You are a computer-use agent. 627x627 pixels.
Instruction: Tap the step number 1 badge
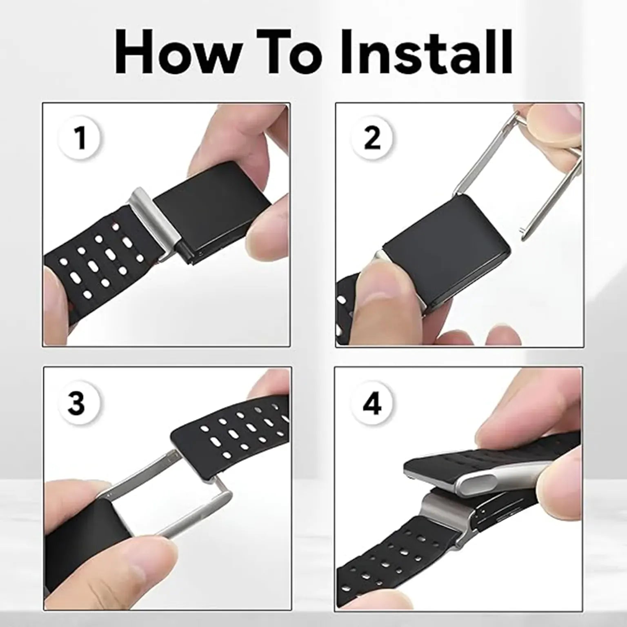[x=80, y=138]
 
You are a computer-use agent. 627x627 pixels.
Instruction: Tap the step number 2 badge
[x=372, y=138]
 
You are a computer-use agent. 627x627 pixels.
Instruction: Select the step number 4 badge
[x=372, y=403]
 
